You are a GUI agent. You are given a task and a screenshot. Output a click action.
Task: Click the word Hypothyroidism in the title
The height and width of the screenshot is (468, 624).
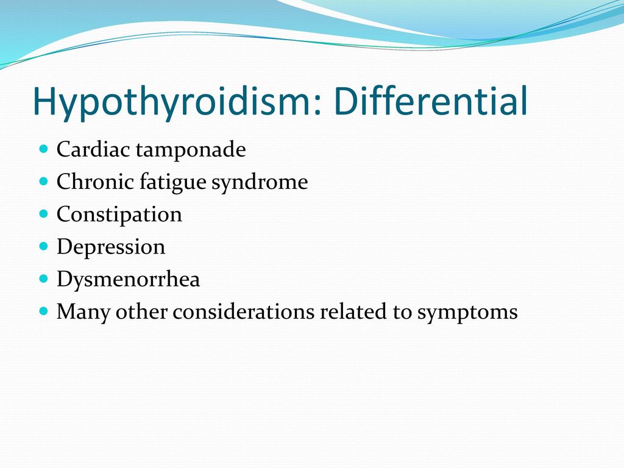tap(171, 101)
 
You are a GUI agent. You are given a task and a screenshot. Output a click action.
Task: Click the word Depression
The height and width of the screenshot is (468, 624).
tap(111, 247)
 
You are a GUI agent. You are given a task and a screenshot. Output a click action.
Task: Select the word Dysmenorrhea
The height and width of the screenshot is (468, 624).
tap(128, 279)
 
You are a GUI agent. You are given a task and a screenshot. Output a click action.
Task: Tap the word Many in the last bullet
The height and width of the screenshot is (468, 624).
tap(83, 312)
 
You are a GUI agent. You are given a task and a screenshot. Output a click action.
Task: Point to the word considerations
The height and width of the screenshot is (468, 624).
tap(243, 311)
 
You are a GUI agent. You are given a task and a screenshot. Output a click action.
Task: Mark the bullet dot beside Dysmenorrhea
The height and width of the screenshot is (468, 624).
tap(44, 278)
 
